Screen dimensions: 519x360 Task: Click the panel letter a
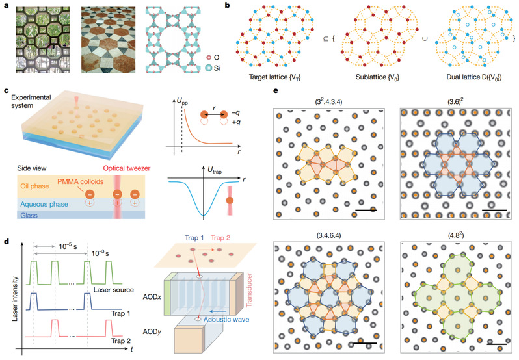point(7,5)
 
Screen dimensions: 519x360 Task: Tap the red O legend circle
point(209,58)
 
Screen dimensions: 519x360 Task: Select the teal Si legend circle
point(209,68)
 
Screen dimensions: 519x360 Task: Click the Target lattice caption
point(274,77)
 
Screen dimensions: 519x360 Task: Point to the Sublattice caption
point(377,77)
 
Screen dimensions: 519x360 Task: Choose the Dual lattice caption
point(474,77)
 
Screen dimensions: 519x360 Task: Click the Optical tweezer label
point(127,168)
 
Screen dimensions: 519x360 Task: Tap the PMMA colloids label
point(81,181)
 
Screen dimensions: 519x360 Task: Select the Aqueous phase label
point(44,204)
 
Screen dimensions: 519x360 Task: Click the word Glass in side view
point(29,216)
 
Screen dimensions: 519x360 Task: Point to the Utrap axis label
point(215,170)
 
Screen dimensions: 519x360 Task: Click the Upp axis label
point(182,102)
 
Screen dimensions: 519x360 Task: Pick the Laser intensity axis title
point(14,299)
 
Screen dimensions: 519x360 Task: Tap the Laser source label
point(114,290)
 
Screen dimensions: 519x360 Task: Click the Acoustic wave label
point(226,319)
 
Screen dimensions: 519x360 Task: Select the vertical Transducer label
point(249,290)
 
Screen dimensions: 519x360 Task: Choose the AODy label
point(152,331)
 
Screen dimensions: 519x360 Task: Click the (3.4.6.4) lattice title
point(328,235)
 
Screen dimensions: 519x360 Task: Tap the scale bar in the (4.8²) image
point(496,344)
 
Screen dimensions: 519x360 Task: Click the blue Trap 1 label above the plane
point(194,238)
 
